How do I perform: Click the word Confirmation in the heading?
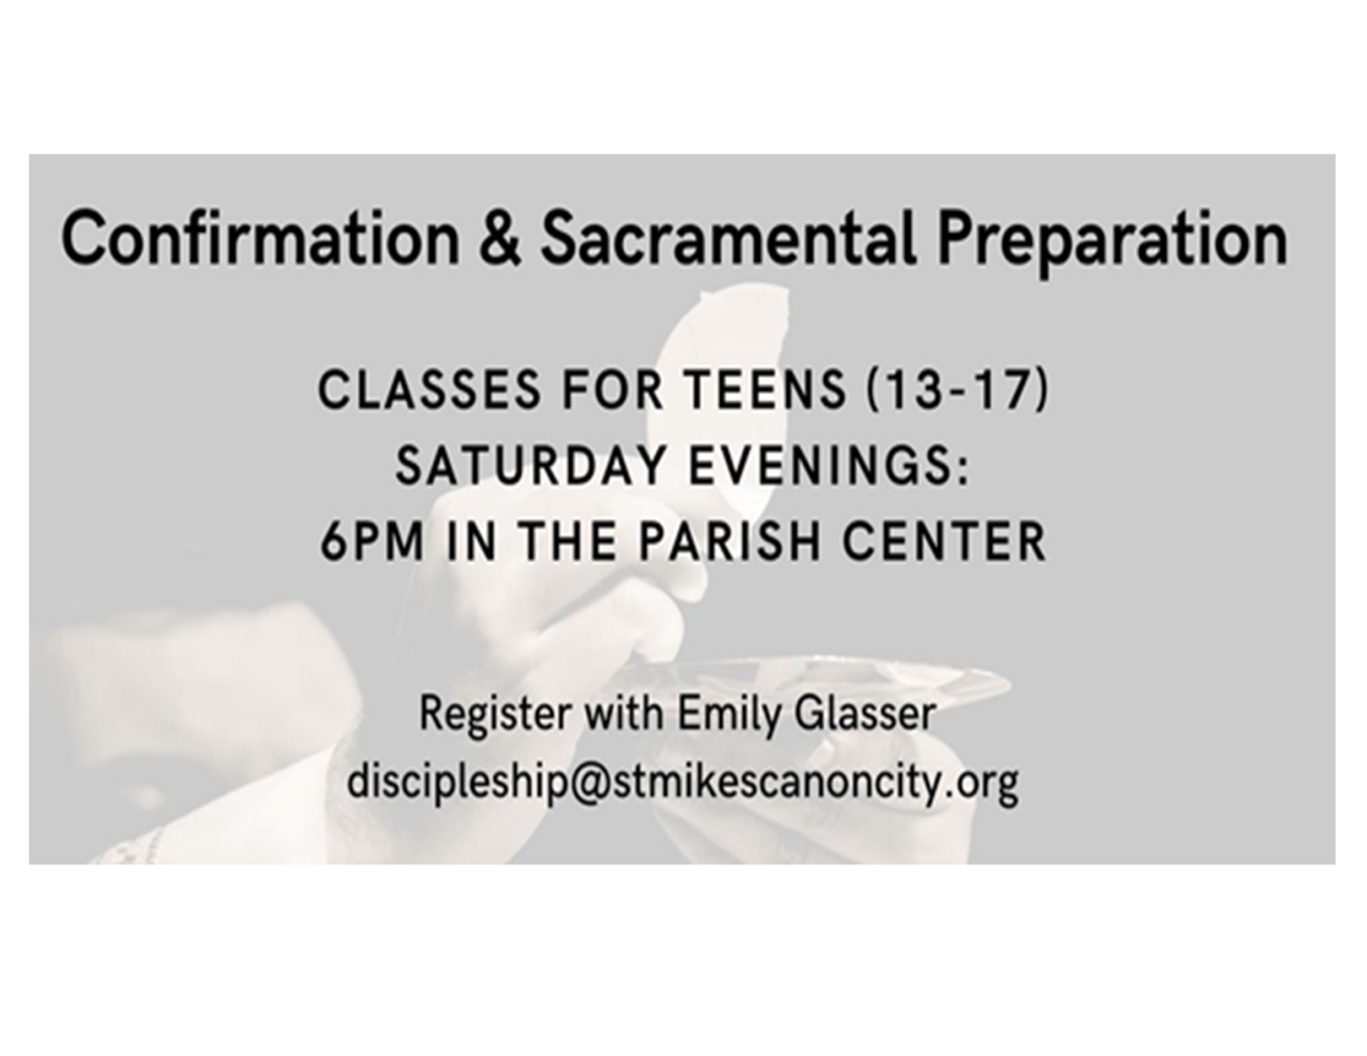tap(260, 238)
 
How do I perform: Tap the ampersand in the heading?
tap(500, 239)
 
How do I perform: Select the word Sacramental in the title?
tap(728, 238)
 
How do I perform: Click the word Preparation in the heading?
tap(1112, 242)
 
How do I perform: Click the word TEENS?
tap(767, 390)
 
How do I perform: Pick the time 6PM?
tap(372, 542)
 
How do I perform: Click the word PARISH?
tap(730, 542)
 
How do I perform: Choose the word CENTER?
tap(944, 542)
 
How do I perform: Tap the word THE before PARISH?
tap(569, 542)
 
